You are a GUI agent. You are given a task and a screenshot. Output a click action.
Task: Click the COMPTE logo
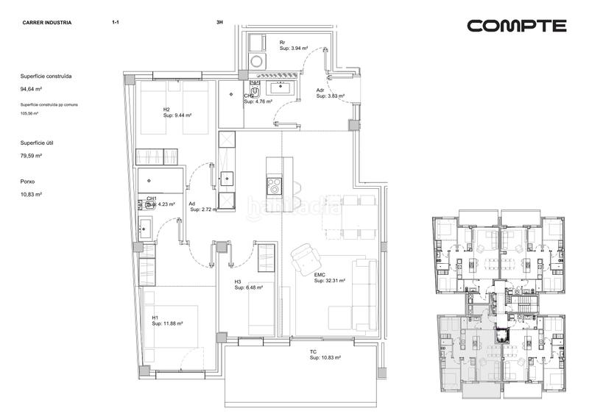click(517, 26)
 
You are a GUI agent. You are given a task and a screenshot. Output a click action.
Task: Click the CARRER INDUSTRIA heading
click(47, 23)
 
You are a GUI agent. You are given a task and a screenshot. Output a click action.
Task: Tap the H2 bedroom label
click(166, 110)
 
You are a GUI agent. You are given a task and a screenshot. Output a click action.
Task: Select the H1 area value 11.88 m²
click(167, 323)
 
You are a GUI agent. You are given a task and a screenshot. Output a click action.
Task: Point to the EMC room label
click(320, 276)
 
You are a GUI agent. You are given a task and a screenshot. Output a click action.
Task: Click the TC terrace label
click(313, 352)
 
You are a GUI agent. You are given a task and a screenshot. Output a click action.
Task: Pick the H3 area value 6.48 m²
click(249, 287)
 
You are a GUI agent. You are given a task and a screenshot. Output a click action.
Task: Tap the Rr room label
click(282, 43)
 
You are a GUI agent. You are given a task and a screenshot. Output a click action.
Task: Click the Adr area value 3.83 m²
click(331, 96)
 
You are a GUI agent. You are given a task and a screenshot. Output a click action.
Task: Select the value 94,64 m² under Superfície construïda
click(31, 89)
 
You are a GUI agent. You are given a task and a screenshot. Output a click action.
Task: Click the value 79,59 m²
click(31, 156)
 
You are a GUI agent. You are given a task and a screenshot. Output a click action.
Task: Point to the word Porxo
click(29, 181)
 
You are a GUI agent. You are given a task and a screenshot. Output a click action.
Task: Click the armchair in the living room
click(304, 258)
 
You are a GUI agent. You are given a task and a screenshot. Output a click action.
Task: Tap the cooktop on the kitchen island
click(274, 185)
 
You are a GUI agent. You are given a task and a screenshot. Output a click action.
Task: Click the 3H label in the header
click(219, 23)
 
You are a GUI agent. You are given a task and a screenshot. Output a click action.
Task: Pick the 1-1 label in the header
click(116, 23)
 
